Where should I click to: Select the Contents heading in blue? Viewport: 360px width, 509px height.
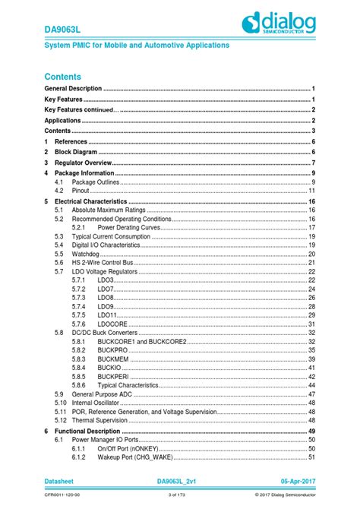tap(62, 77)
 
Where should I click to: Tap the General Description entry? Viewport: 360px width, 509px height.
tap(73, 89)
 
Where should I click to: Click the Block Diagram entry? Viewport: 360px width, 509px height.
tap(76, 152)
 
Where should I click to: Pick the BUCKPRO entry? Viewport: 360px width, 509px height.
tap(113, 350)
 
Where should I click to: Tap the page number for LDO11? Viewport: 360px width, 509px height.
tap(311, 315)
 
